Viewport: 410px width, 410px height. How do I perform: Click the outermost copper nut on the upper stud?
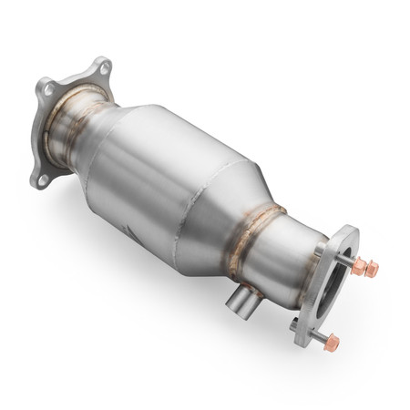[371, 271]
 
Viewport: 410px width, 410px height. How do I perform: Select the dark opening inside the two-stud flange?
[336, 278]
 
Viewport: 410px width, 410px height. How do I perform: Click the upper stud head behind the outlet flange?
[321, 244]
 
